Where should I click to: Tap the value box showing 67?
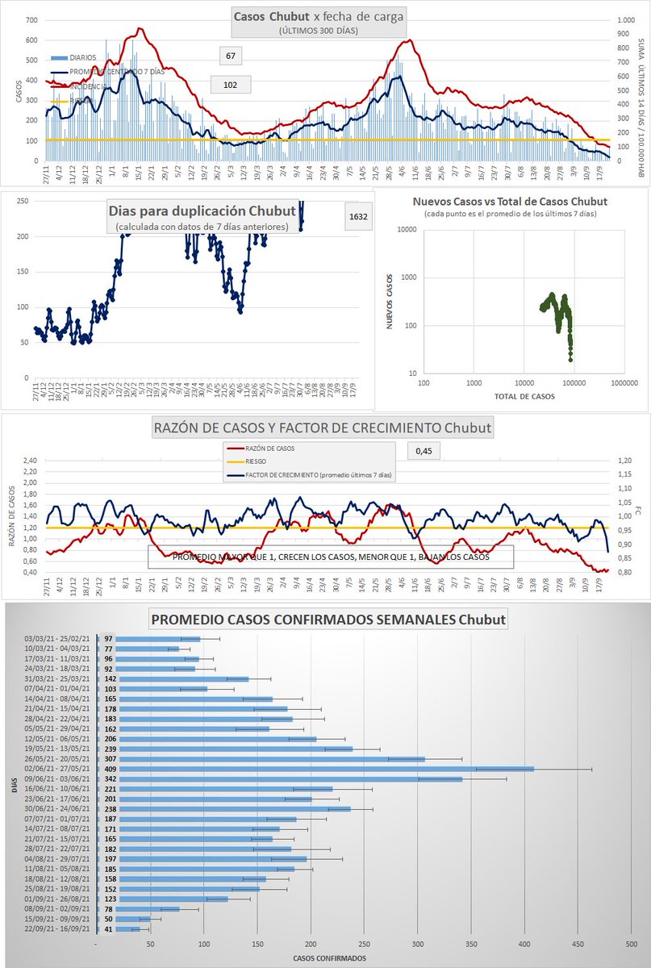pyautogui.click(x=231, y=56)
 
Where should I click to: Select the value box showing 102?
pyautogui.click(x=230, y=84)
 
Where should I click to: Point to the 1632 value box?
pyautogui.click(x=357, y=217)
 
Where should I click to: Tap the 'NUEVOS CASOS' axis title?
pyautogui.click(x=390, y=300)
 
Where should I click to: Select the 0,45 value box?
pyautogui.click(x=425, y=451)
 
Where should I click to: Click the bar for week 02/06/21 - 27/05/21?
pyautogui.click(x=315, y=769)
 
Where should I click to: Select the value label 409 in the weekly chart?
pyautogui.click(x=108, y=769)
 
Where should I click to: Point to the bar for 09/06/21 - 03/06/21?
pyautogui.click(x=280, y=779)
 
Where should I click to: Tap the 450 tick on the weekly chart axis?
pyautogui.click(x=578, y=945)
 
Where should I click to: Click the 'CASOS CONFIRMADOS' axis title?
pyautogui.click(x=329, y=958)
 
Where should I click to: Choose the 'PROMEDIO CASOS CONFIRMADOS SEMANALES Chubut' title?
pyautogui.click(x=329, y=620)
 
